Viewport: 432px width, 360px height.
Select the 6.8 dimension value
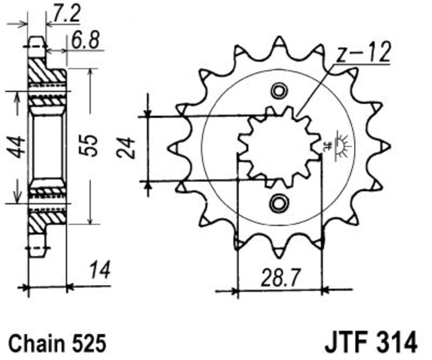tap(85, 41)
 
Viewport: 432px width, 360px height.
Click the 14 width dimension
tap(100, 269)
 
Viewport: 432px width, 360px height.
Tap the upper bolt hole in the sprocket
tap(279, 91)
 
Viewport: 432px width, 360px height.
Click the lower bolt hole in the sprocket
tap(279, 203)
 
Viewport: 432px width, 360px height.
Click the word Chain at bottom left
tap(37, 343)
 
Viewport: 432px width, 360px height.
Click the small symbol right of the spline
tap(340, 146)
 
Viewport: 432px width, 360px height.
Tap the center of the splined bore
tap(279, 147)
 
